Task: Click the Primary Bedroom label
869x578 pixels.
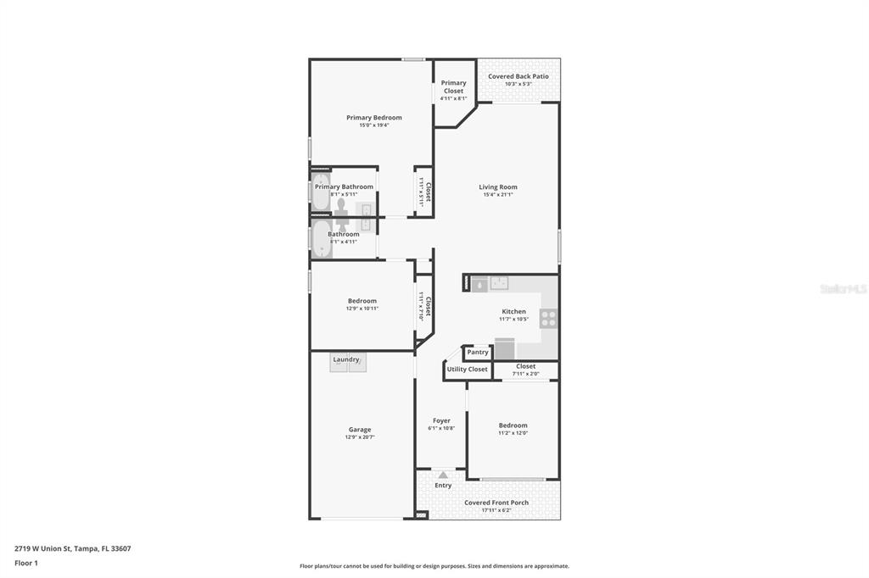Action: click(373, 118)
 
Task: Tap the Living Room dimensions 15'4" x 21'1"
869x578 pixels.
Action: click(497, 195)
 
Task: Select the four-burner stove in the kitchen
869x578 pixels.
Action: click(548, 319)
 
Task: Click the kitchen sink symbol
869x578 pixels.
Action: click(498, 284)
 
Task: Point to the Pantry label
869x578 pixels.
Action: click(478, 352)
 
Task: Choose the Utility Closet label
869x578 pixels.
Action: click(467, 370)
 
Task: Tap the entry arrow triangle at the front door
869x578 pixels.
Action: click(442, 475)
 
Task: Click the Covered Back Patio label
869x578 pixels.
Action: click(518, 76)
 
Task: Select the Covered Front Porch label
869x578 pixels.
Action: click(496, 503)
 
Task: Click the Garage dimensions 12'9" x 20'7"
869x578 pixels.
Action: click(360, 437)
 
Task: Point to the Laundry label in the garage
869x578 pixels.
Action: click(346, 359)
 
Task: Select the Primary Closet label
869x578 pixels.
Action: click(453, 86)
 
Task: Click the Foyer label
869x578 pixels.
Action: click(441, 420)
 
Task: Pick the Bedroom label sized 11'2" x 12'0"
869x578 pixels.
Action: click(513, 425)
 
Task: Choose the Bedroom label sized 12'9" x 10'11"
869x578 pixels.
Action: click(362, 301)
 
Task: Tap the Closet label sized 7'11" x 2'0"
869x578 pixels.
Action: click(525, 366)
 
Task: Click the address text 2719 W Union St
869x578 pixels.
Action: click(43, 548)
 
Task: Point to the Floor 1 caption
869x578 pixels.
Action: click(26, 563)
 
